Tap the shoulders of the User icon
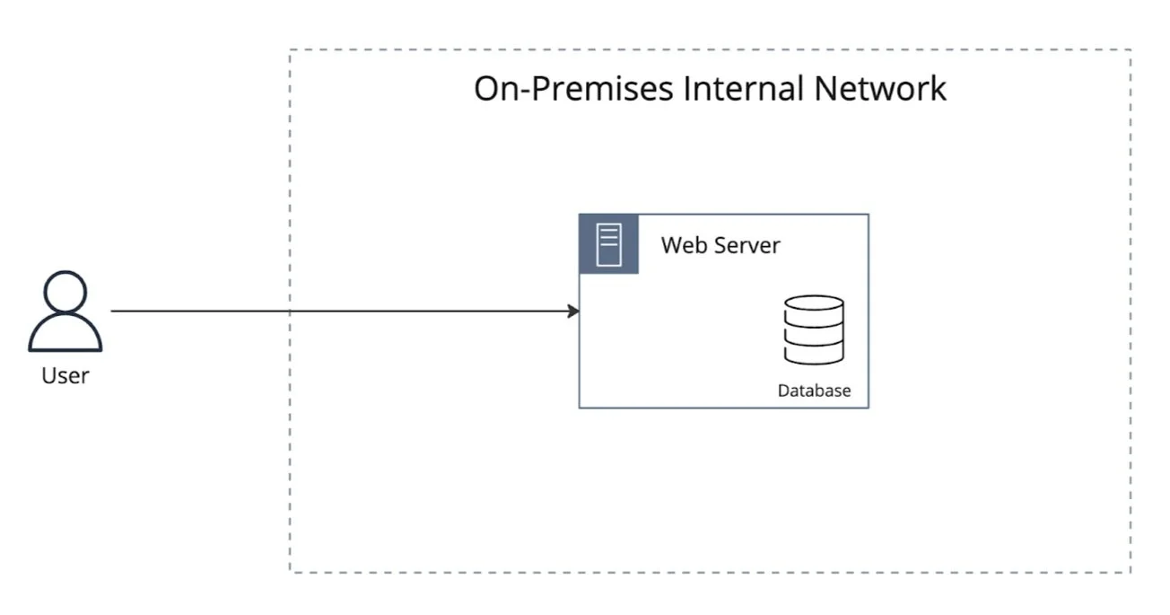(x=65, y=337)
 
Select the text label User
(x=65, y=375)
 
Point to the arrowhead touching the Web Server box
(x=574, y=312)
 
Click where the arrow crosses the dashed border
(x=290, y=312)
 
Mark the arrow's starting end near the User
(x=113, y=312)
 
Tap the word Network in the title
(x=880, y=89)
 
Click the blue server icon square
(x=609, y=243)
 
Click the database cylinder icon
(x=814, y=329)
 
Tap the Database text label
(x=814, y=391)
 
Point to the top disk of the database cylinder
(x=814, y=304)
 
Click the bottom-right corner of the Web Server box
(x=869, y=408)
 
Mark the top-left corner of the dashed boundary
(x=290, y=50)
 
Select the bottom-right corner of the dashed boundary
(x=1131, y=572)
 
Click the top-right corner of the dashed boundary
(x=1131, y=50)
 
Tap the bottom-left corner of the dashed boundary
(x=290, y=572)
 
